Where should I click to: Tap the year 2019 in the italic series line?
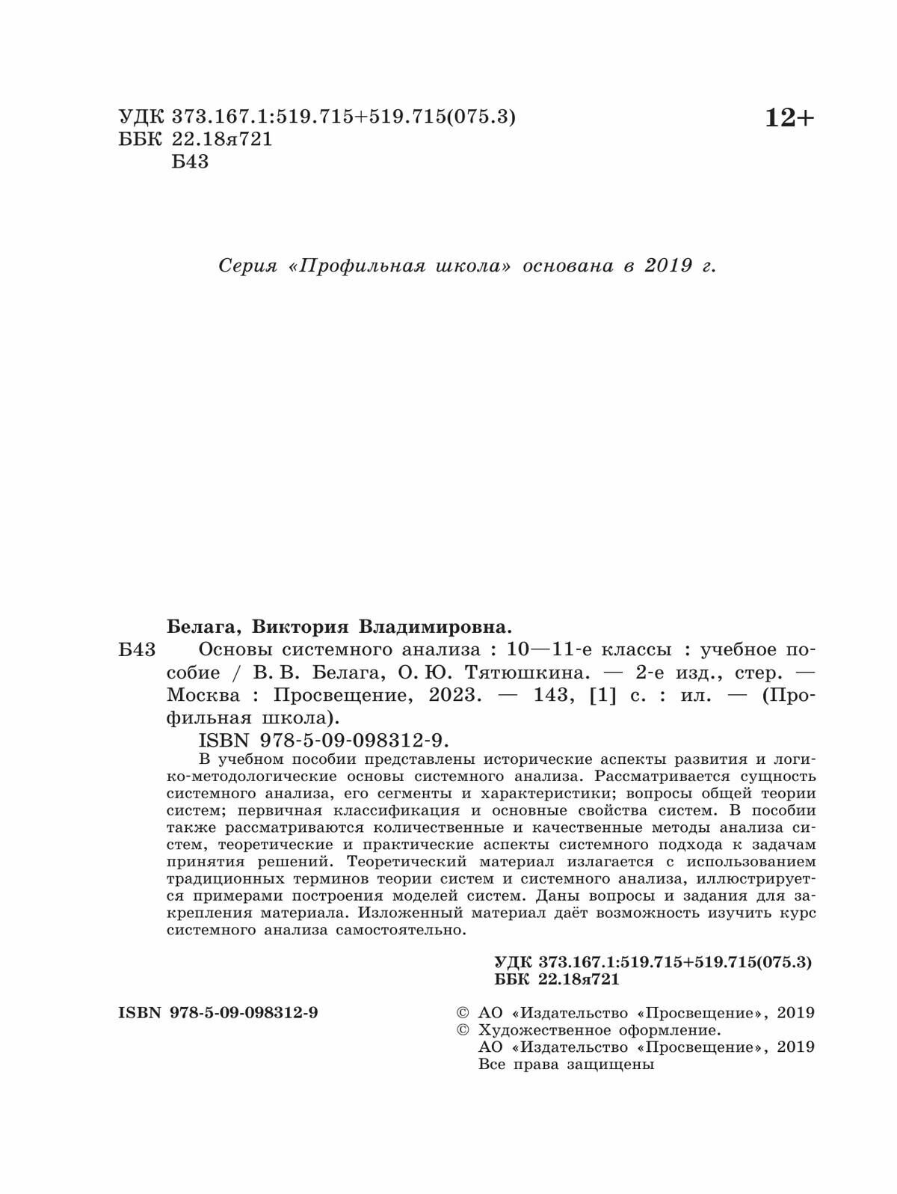click(668, 266)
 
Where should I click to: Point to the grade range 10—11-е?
click(549, 649)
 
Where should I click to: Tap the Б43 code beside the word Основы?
click(137, 649)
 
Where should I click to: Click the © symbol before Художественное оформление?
click(463, 1030)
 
